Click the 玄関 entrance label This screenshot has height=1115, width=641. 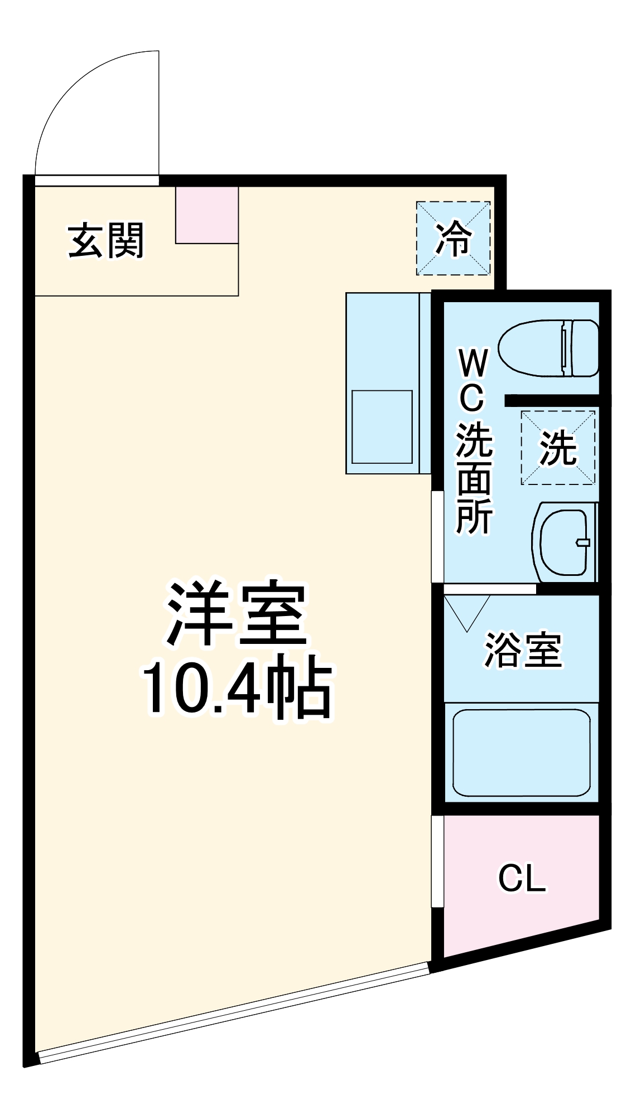pyautogui.click(x=106, y=241)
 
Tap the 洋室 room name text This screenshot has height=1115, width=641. pyautogui.click(x=237, y=613)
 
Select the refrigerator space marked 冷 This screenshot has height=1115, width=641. pyautogui.click(x=453, y=239)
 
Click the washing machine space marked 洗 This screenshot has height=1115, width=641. pyautogui.click(x=558, y=448)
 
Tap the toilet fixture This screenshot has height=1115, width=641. pyautogui.click(x=547, y=348)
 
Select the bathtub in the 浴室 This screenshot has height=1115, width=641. pyautogui.click(x=521, y=753)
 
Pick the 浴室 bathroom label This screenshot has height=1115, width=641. pyautogui.click(x=523, y=650)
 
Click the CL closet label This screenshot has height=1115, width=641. pyautogui.click(x=522, y=879)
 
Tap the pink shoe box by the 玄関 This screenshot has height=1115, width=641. pyautogui.click(x=207, y=215)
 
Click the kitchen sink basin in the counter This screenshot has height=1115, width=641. pyautogui.click(x=382, y=427)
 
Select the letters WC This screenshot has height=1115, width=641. pyautogui.click(x=473, y=379)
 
